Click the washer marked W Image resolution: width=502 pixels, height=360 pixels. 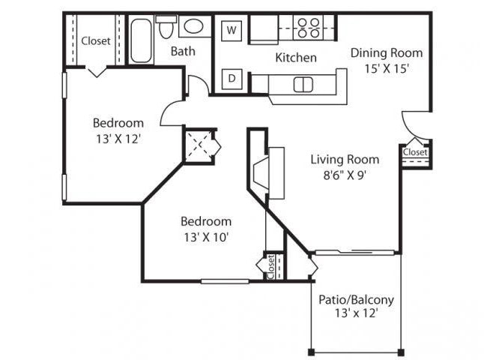pyautogui.click(x=232, y=31)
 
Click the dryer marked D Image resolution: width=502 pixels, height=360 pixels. pyautogui.click(x=232, y=78)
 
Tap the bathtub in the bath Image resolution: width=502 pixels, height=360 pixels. pyautogui.click(x=141, y=40)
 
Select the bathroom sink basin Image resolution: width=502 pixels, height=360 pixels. pyautogui.click(x=193, y=28)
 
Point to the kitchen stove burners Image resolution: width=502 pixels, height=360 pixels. pyautogui.click(x=307, y=28)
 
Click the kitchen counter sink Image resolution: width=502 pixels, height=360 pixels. pyautogui.click(x=303, y=83)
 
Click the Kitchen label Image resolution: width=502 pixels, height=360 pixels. pyautogui.click(x=295, y=58)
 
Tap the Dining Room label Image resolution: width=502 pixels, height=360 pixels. pyautogui.click(x=387, y=53)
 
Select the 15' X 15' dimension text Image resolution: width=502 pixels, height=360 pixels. pyautogui.click(x=387, y=67)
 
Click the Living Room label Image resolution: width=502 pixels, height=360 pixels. pyautogui.click(x=345, y=159)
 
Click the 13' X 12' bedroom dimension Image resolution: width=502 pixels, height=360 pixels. pyautogui.click(x=118, y=138)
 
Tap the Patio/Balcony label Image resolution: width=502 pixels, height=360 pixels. pyautogui.click(x=356, y=300)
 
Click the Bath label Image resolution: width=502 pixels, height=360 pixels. pyautogui.click(x=183, y=52)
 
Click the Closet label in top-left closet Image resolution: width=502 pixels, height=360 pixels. pyautogui.click(x=96, y=41)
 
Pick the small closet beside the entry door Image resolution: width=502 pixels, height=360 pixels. pyautogui.click(x=414, y=153)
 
